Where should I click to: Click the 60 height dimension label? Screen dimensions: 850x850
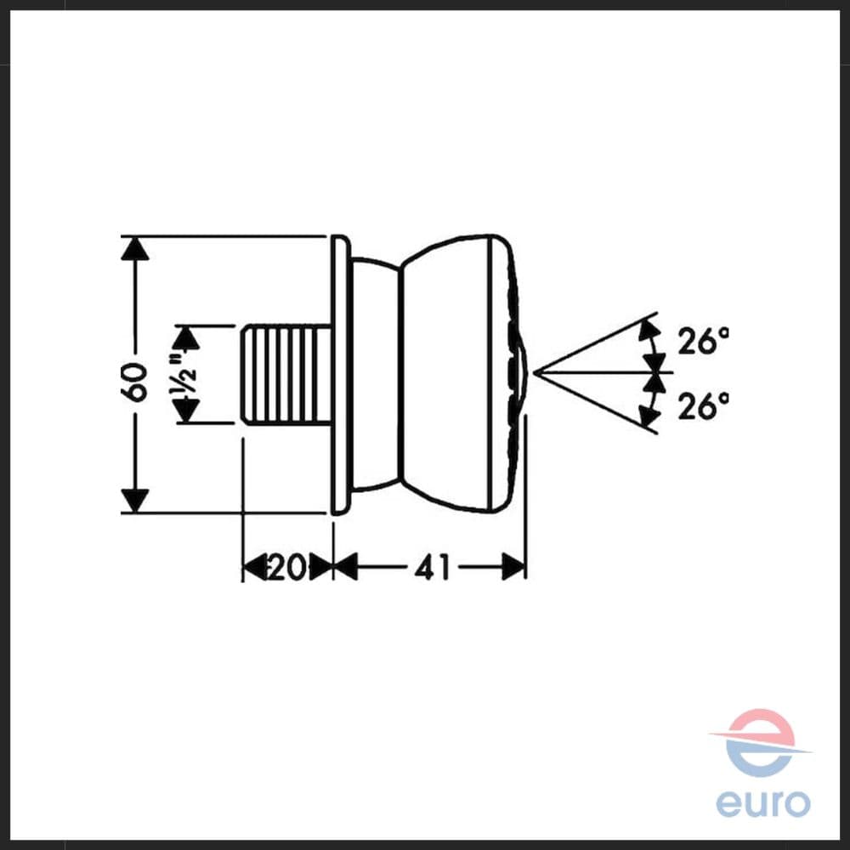134,382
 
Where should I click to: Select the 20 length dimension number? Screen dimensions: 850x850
285,568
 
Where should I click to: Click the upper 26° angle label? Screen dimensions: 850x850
703,341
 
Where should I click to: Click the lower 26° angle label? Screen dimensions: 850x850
703,405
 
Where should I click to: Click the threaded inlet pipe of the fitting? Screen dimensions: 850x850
286,374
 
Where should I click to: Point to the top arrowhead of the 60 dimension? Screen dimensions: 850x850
134,248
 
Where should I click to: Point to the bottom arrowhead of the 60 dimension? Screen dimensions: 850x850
134,500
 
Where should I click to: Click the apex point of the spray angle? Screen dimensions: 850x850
535,372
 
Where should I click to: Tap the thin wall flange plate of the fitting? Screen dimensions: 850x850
339,374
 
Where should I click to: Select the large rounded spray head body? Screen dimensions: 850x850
461,374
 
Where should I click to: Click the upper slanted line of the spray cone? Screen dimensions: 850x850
596,343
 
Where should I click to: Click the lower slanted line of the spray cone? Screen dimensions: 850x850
596,403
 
